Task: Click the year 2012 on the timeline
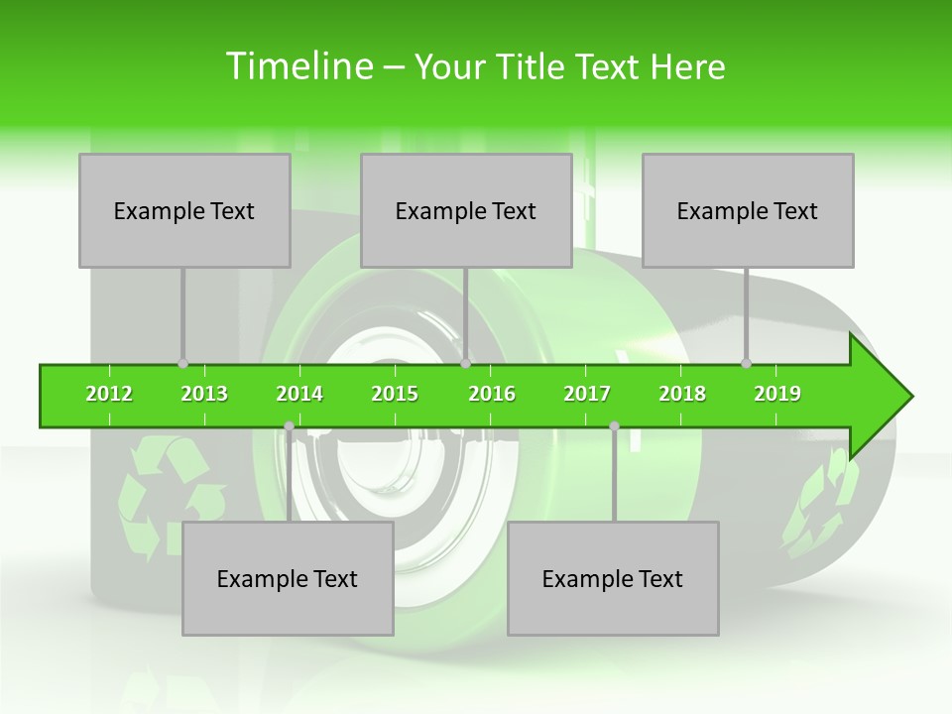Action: (x=109, y=395)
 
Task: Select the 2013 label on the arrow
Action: (x=204, y=395)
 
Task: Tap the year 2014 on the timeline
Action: (x=299, y=395)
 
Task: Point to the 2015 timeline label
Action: (x=395, y=395)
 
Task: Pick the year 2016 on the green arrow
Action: (x=492, y=395)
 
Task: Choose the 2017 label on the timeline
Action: (x=587, y=395)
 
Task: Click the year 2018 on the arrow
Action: (x=682, y=395)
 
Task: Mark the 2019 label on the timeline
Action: (x=777, y=395)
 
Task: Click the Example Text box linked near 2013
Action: (x=184, y=211)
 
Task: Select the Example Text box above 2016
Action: (x=466, y=211)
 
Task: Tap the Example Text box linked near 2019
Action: (x=748, y=211)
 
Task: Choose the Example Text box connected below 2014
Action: (x=288, y=579)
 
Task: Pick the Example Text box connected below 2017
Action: (x=613, y=579)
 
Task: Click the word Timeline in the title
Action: (x=298, y=66)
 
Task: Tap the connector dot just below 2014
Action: (x=289, y=426)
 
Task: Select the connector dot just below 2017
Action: (x=614, y=426)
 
